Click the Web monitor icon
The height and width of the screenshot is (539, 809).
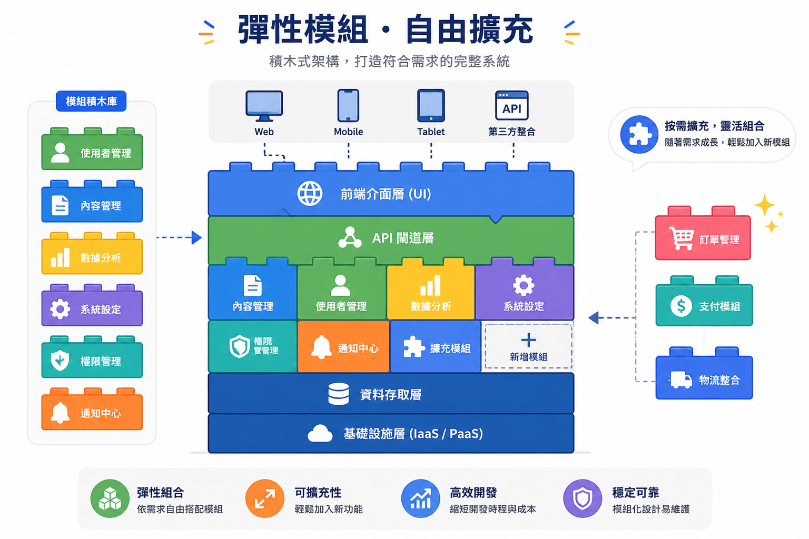(x=264, y=106)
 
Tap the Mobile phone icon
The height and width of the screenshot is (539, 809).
(x=348, y=105)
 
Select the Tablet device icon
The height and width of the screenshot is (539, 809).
(x=431, y=105)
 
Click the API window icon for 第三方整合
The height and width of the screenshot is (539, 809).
(x=512, y=105)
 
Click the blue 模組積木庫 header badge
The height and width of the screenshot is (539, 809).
(x=91, y=101)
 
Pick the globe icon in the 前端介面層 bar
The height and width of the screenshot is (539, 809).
(x=310, y=194)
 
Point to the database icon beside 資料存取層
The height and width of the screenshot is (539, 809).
(x=339, y=394)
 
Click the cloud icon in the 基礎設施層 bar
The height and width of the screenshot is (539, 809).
(x=320, y=433)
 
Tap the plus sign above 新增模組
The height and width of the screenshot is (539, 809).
(x=528, y=340)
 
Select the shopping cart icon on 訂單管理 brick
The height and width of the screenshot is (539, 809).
(x=681, y=238)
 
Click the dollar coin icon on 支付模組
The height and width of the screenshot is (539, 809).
(x=681, y=306)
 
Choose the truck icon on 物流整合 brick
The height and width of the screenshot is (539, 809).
(x=681, y=380)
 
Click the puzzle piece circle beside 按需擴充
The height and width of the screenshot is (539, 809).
(x=639, y=134)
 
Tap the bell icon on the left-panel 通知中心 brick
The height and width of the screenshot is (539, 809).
(x=60, y=412)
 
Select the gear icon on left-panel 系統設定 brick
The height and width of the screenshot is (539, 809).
(x=60, y=308)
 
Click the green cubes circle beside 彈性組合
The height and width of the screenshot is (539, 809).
(x=110, y=498)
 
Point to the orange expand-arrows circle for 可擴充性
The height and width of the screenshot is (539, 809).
(x=265, y=498)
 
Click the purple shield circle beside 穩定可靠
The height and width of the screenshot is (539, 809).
(x=583, y=498)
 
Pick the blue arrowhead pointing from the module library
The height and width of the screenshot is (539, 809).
(x=196, y=237)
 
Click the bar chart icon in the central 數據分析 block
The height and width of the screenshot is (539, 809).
(x=430, y=285)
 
